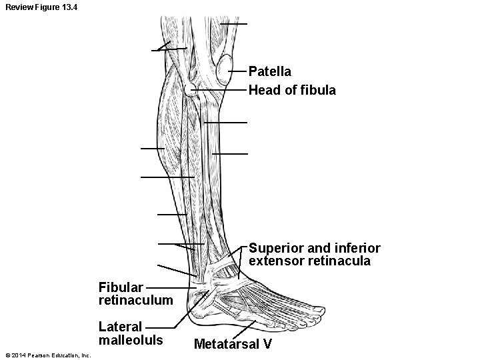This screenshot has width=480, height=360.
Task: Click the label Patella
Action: pos(269,71)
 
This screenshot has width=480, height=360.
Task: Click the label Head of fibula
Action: pos(292,89)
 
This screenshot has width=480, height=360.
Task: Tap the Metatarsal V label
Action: pos(232,345)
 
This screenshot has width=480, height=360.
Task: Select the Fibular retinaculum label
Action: pos(135,294)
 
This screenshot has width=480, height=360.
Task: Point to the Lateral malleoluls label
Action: pos(130,333)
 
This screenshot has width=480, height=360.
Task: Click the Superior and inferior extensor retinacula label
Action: pos(314,255)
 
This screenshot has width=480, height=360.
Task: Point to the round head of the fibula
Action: pos(191,89)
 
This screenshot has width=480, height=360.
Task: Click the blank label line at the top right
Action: pos(234,24)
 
